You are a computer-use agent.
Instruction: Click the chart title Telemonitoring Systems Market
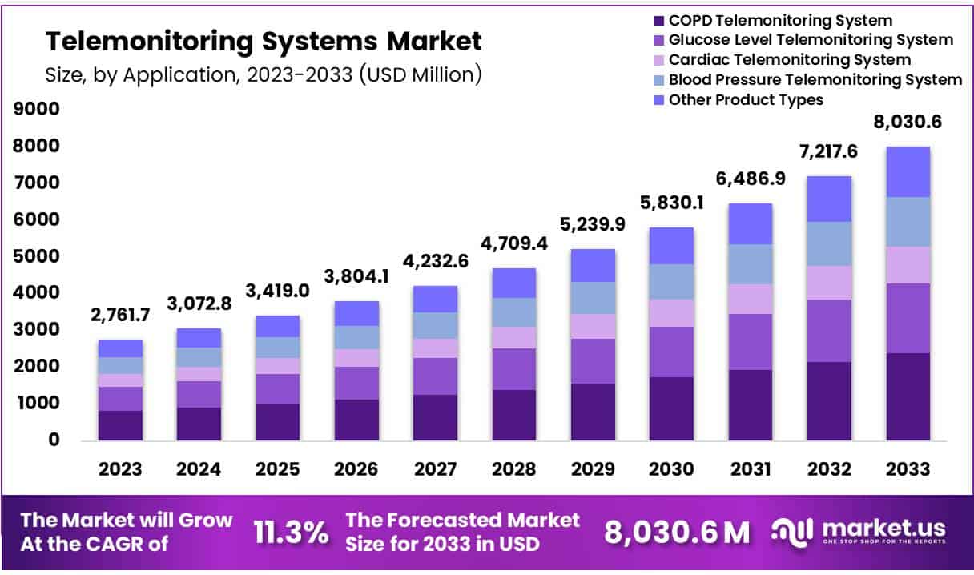(264, 40)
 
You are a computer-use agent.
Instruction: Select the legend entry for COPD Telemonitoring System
(780, 21)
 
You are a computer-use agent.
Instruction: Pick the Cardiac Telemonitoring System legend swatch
(659, 60)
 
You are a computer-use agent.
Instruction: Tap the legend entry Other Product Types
(745, 99)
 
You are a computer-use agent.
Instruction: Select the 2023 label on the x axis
(120, 469)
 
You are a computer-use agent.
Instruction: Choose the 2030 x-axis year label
(671, 469)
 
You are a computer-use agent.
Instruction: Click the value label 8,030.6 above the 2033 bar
(907, 123)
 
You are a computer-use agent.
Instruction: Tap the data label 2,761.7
(120, 315)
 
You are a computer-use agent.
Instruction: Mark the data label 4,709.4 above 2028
(514, 243)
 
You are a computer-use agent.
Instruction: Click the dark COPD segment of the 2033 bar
(908, 396)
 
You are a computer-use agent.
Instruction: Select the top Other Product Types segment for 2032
(829, 199)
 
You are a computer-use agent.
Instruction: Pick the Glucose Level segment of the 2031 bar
(751, 341)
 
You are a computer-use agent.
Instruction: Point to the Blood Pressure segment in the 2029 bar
(593, 298)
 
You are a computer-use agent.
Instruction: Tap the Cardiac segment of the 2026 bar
(356, 357)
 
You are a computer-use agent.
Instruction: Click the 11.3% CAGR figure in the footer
(290, 531)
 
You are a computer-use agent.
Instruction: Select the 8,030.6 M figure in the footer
(677, 532)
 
